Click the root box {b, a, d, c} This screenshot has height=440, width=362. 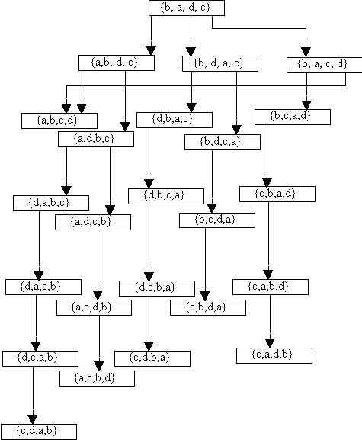pyautogui.click(x=187, y=8)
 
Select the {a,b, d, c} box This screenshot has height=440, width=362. pyautogui.click(x=117, y=63)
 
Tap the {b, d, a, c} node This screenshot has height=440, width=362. pyautogui.click(x=220, y=64)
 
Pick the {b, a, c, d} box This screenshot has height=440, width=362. pyautogui.click(x=325, y=65)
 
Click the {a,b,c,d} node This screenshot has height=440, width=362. pyautogui.click(x=59, y=120)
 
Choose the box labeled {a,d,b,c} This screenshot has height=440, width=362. pyautogui.click(x=96, y=140)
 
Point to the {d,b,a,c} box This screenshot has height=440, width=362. pyautogui.click(x=175, y=120)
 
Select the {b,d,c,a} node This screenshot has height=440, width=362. pyautogui.click(x=223, y=143)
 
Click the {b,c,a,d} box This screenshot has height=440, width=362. pyautogui.click(x=293, y=117)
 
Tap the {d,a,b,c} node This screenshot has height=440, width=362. pyautogui.click(x=51, y=203)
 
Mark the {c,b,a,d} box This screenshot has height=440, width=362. pyautogui.click(x=277, y=194)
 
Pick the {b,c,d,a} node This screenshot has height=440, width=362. pyautogui.click(x=217, y=220)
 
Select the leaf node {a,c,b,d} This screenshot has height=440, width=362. pyautogui.click(x=97, y=378)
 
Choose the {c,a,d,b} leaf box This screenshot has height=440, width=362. pyautogui.click(x=274, y=355)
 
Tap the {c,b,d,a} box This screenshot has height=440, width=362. pyautogui.click(x=208, y=308)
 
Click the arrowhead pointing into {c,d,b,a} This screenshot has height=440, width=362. pyautogui.click(x=149, y=346)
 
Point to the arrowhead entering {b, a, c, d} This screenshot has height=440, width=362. pyautogui.click(x=306, y=52)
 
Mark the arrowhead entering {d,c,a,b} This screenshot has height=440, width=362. pyautogui.click(x=36, y=346)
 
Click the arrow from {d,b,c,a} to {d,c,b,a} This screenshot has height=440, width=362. pyautogui.click(x=149, y=242)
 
